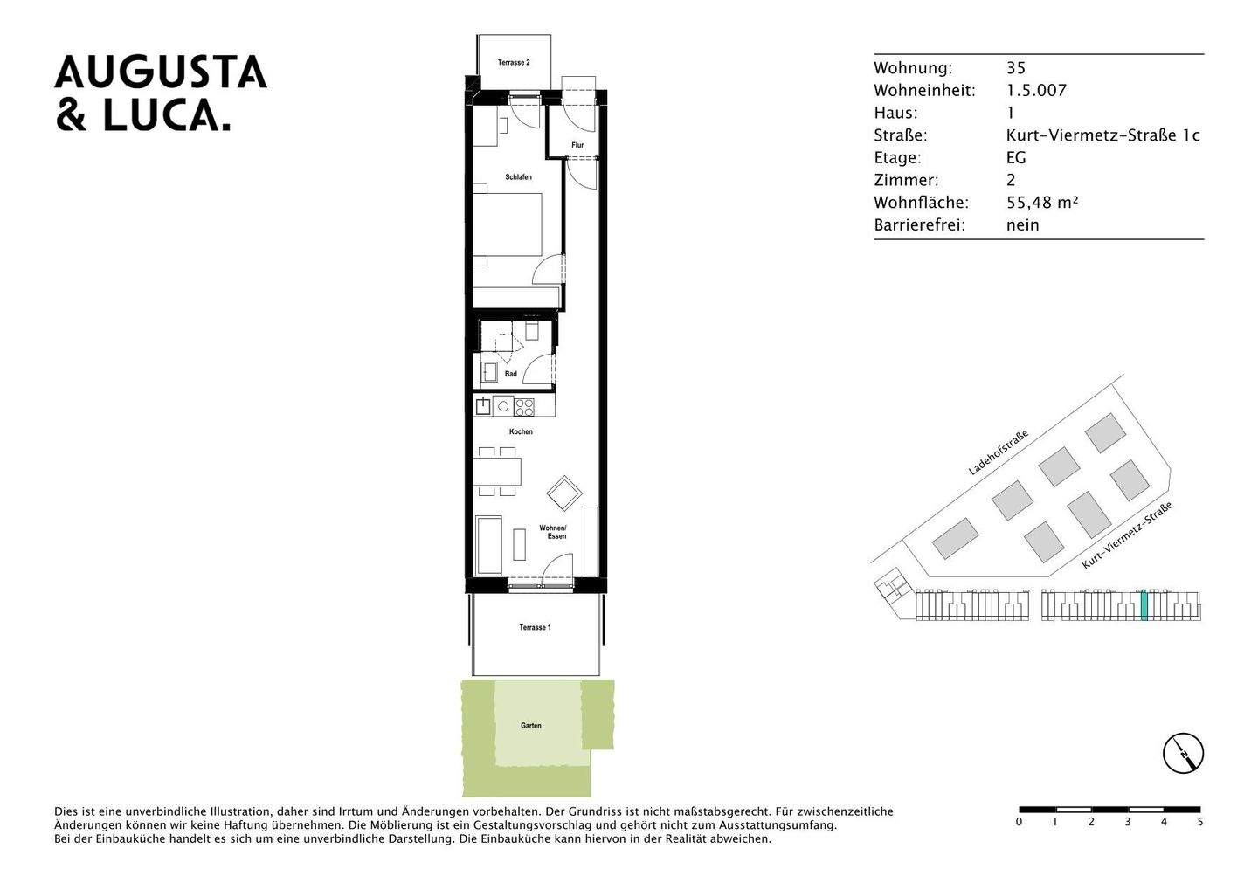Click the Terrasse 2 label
pos(514,63)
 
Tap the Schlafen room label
pos(518,177)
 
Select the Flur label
pos(577,145)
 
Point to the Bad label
pos(510,374)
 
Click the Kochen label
pos(521,431)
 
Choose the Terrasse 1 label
pos(535,627)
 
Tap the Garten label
pos(530,726)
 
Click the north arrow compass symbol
pos(1183,753)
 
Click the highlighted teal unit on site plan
pos(1143,605)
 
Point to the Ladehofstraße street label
pos(999,452)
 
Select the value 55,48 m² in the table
pos(1042,203)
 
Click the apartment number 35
pos(1016,68)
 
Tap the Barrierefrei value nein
pos(1023,225)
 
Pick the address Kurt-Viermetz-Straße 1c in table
pos(1103,135)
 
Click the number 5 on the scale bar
pos(1199,822)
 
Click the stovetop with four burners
pos(523,406)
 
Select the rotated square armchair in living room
pos(564,493)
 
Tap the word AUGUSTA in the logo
pos(161,72)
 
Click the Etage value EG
pos(1016,158)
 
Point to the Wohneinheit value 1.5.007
pos(1037,91)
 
